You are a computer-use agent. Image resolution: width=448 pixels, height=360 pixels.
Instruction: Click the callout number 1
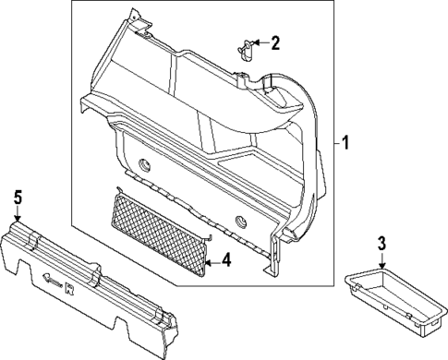[346, 143]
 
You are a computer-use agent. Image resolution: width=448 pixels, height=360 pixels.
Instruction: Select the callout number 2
[274, 42]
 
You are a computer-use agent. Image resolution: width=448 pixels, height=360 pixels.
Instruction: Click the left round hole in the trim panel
[146, 165]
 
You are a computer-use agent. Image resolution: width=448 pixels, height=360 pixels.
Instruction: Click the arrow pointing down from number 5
[16, 211]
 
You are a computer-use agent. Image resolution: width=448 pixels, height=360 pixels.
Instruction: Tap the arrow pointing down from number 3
[381, 260]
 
